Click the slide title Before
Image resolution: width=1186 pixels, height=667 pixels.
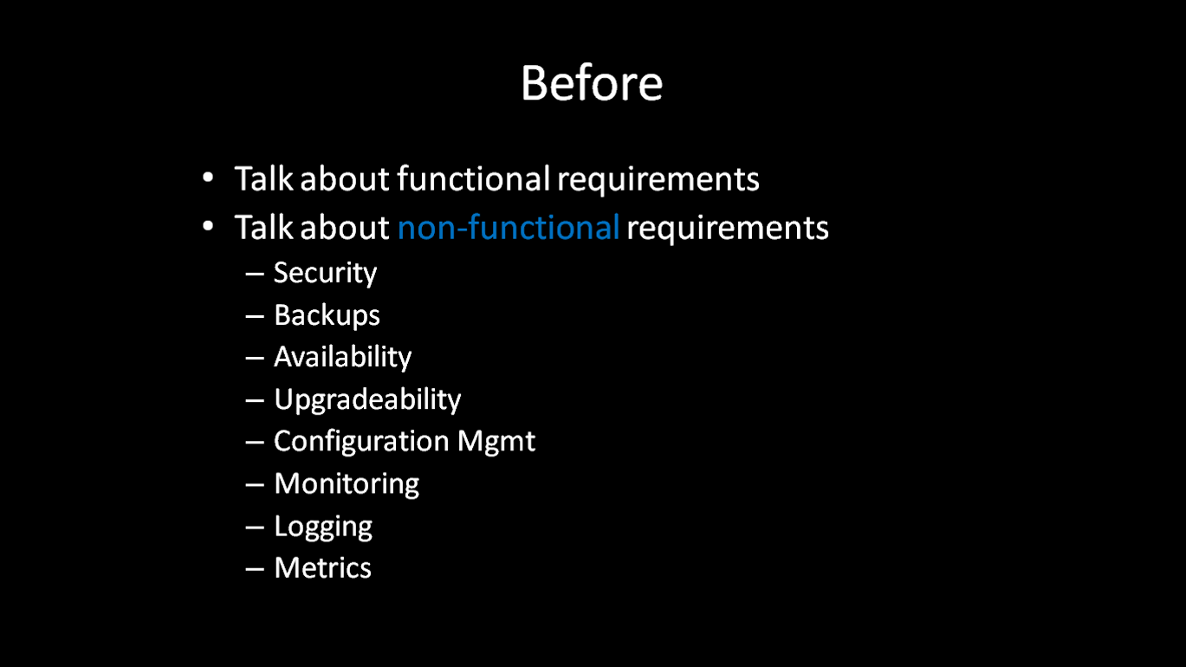click(592, 83)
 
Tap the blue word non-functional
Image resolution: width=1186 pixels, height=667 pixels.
click(509, 228)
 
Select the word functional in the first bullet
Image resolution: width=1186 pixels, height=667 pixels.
click(474, 178)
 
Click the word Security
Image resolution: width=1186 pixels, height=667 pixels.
click(325, 274)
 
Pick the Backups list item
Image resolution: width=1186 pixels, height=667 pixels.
click(327, 315)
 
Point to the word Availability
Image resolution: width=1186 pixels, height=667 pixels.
click(342, 357)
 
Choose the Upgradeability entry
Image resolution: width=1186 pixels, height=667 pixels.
click(367, 399)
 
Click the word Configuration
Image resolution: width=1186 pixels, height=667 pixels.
click(361, 442)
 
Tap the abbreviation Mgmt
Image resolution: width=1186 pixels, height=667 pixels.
click(496, 442)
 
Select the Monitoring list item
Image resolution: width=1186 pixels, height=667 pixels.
click(347, 484)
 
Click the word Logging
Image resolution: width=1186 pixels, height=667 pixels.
click(323, 527)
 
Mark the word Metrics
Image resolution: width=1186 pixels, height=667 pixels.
click(322, 568)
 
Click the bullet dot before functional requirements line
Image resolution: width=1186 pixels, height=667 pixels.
click(208, 178)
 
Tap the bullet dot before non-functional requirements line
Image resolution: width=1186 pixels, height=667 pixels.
click(208, 226)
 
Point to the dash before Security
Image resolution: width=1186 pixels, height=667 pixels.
click(255, 275)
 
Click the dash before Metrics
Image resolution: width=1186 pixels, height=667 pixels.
click(255, 570)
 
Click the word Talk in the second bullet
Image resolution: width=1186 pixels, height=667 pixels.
click(263, 227)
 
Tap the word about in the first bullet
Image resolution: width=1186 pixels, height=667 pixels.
click(345, 178)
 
